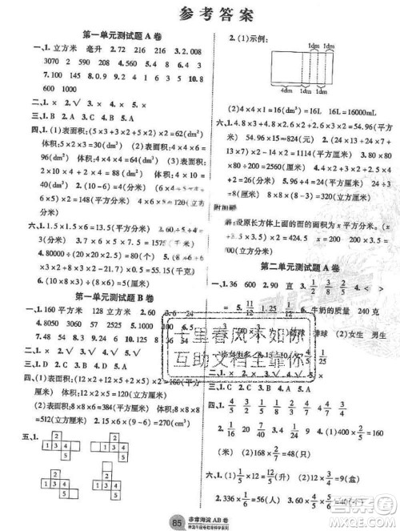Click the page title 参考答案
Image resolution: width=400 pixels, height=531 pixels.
199,10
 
